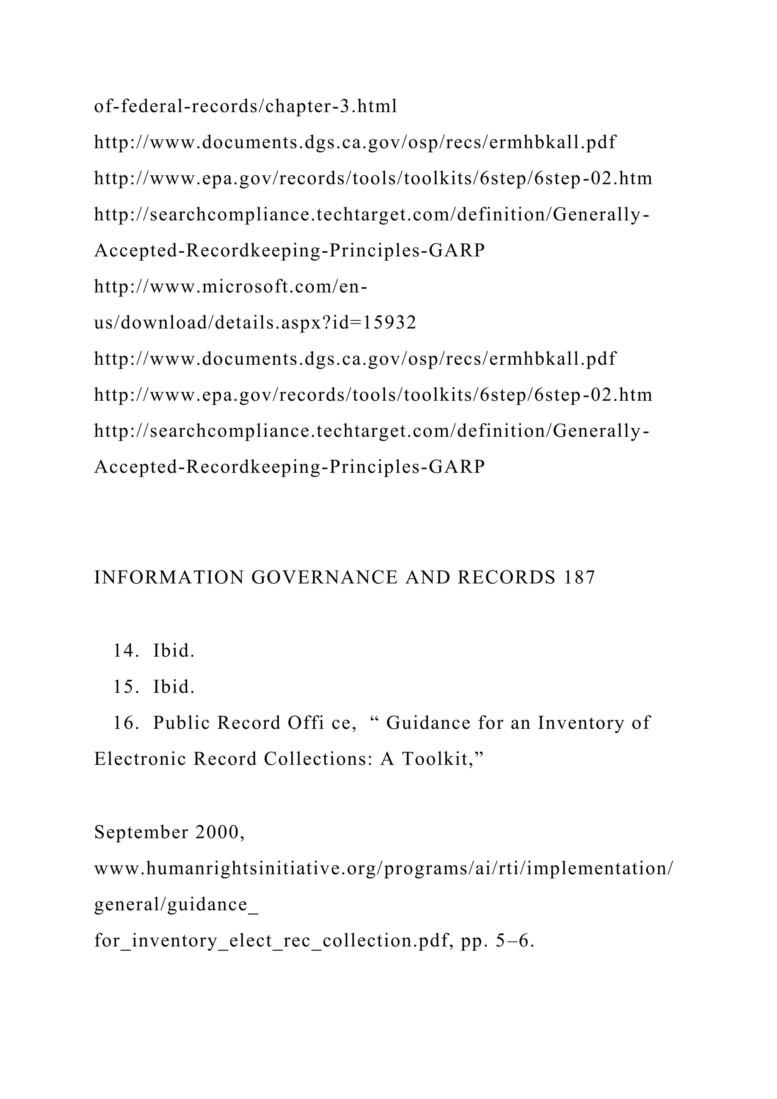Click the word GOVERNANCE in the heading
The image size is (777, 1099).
pos(324,578)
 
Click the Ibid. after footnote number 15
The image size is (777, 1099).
pos(174,687)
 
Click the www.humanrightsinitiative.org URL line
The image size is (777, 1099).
pos(383,868)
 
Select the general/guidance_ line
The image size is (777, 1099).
pos(176,905)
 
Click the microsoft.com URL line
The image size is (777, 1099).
pos(231,287)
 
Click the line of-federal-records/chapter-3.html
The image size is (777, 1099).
pos(245,106)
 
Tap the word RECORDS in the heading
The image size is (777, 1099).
pos(506,578)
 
